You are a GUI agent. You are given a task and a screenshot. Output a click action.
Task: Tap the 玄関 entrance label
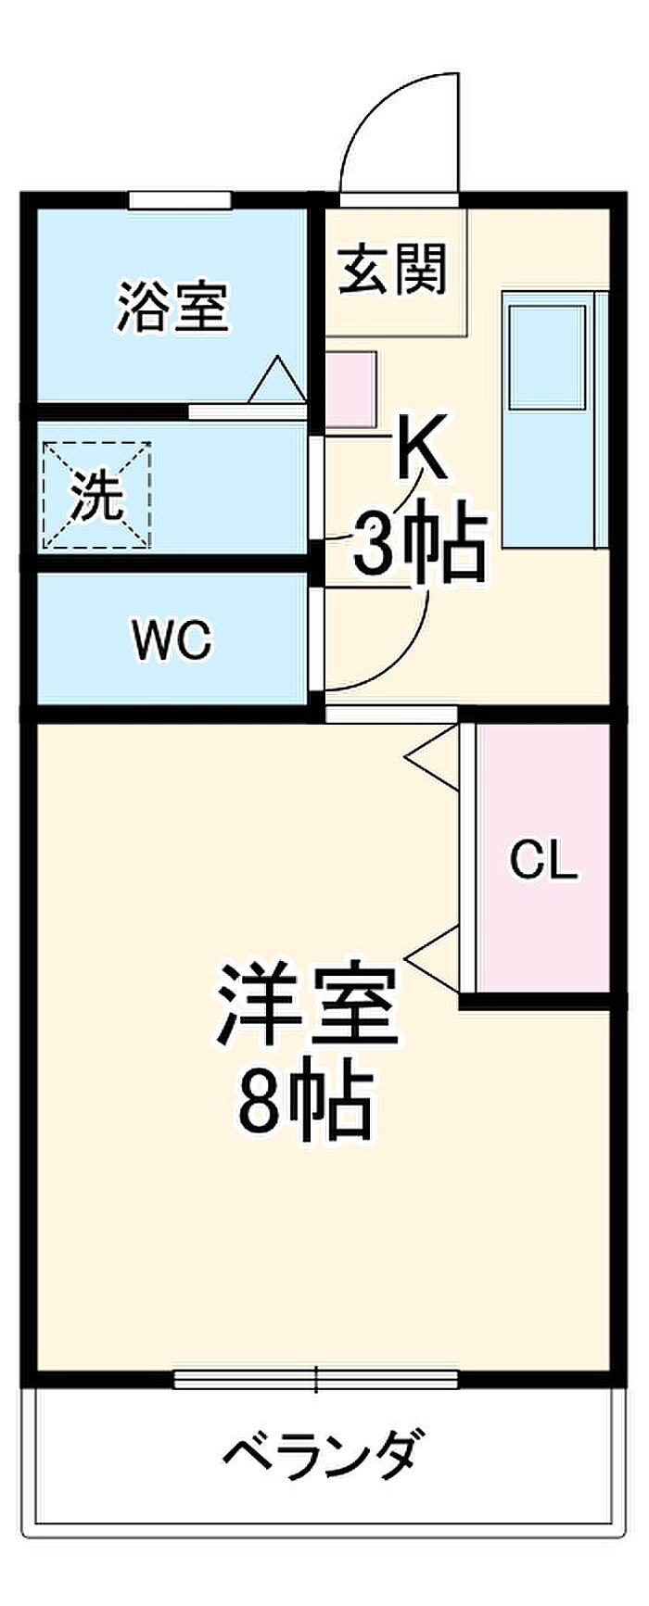(x=392, y=269)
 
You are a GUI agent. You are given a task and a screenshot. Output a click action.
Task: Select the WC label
(x=172, y=639)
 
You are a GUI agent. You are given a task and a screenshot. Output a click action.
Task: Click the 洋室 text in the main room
(x=307, y=1004)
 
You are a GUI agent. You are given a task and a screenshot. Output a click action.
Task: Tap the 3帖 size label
(x=418, y=547)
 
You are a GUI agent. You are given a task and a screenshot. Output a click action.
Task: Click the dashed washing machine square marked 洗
(x=96, y=496)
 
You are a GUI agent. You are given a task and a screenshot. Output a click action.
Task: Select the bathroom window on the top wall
(x=179, y=198)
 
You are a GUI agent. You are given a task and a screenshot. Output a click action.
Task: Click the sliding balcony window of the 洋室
(x=316, y=1380)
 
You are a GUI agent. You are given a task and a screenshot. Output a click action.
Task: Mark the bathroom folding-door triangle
(x=277, y=380)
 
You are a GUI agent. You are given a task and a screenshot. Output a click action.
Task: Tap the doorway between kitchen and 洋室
(x=391, y=714)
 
